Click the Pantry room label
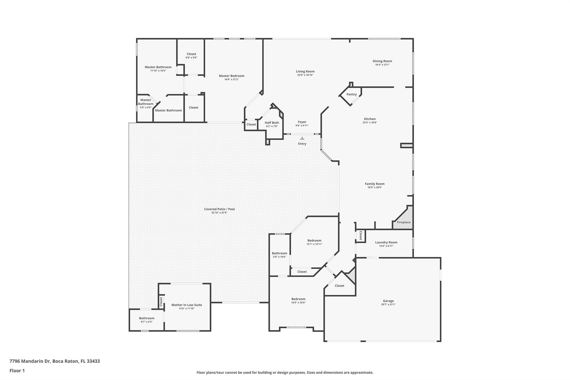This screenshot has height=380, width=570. pos(352,94)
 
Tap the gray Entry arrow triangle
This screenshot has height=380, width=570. pos(302,138)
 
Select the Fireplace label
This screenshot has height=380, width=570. pos(404,222)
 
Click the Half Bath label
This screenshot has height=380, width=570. pos(272,122)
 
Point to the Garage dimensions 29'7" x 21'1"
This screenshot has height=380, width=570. pos(388,305)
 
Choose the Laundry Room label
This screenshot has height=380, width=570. pos(386,242)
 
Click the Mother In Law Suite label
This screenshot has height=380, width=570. pos(186,305)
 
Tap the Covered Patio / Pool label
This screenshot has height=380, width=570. pos(219,209)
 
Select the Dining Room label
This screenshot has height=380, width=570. pos(382,61)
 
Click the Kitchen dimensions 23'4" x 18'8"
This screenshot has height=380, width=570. pos(370,122)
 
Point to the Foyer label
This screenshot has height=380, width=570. pos(302,122)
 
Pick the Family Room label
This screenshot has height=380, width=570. pos(375,184)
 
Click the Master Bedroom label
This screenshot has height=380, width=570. pos(232,76)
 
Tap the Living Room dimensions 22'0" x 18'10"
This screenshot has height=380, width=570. pos(305,75)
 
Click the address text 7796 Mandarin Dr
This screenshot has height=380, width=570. pos(30,361)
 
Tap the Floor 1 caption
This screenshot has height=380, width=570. pos(17,371)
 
